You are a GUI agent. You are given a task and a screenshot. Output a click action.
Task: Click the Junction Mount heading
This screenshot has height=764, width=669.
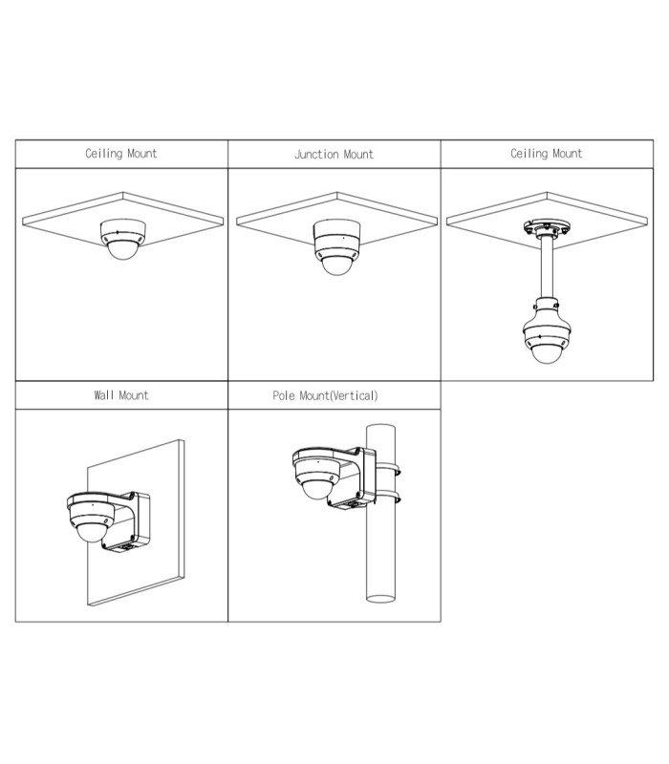click(334, 155)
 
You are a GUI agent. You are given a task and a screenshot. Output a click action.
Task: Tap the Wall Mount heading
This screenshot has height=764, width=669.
click(121, 395)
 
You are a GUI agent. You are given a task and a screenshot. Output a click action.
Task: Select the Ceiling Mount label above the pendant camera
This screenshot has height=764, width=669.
click(546, 154)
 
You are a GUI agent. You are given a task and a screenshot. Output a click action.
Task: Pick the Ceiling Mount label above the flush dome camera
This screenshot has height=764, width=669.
click(121, 154)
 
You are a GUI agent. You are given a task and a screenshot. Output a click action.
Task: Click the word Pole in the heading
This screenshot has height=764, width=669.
click(284, 395)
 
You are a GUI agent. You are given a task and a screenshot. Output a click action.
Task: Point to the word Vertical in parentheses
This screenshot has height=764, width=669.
click(354, 395)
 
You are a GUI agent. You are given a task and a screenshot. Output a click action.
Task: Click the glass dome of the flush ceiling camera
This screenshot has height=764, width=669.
click(123, 249)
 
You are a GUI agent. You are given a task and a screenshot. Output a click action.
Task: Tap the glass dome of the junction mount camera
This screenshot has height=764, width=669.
click(336, 264)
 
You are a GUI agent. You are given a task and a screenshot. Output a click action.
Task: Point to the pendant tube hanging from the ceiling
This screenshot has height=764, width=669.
click(547, 267)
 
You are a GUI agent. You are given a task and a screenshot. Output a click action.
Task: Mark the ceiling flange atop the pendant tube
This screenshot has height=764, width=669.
click(547, 227)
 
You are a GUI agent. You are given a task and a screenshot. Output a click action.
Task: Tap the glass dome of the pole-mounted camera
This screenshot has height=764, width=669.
click(316, 489)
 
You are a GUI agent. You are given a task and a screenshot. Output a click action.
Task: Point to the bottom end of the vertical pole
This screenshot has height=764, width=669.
click(380, 599)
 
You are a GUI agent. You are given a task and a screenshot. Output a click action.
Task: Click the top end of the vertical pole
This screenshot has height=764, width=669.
click(380, 427)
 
